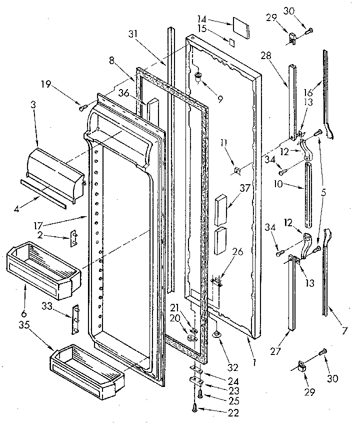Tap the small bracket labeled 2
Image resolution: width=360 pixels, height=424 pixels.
74,237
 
